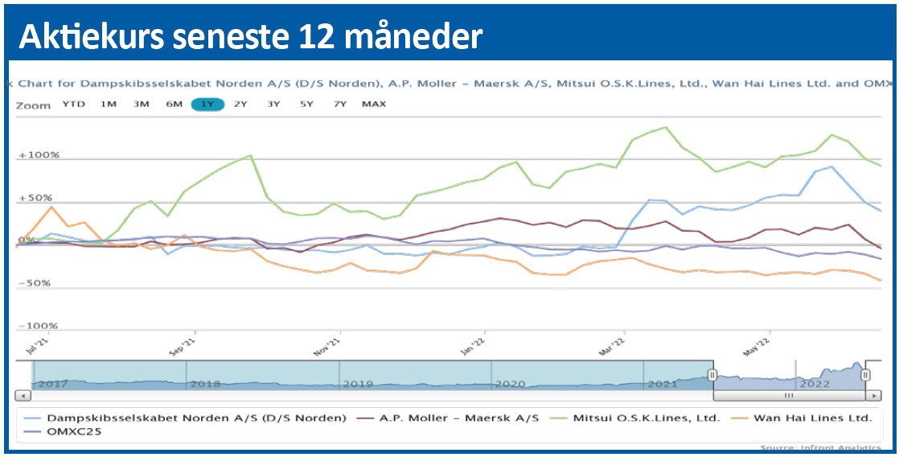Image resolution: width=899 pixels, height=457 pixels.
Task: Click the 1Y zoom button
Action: coord(207,105)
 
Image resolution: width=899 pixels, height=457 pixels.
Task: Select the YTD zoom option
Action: coord(74,105)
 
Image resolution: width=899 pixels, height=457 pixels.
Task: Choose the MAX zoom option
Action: coord(374,105)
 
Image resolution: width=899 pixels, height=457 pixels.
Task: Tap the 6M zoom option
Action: coord(174,105)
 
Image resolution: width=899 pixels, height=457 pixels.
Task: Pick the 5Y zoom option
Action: coord(306,105)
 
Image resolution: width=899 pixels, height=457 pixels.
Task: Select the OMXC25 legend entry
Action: coord(74,431)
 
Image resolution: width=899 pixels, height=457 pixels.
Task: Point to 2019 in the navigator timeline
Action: coord(358,384)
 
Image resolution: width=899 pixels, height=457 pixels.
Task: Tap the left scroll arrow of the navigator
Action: coord(23,396)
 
